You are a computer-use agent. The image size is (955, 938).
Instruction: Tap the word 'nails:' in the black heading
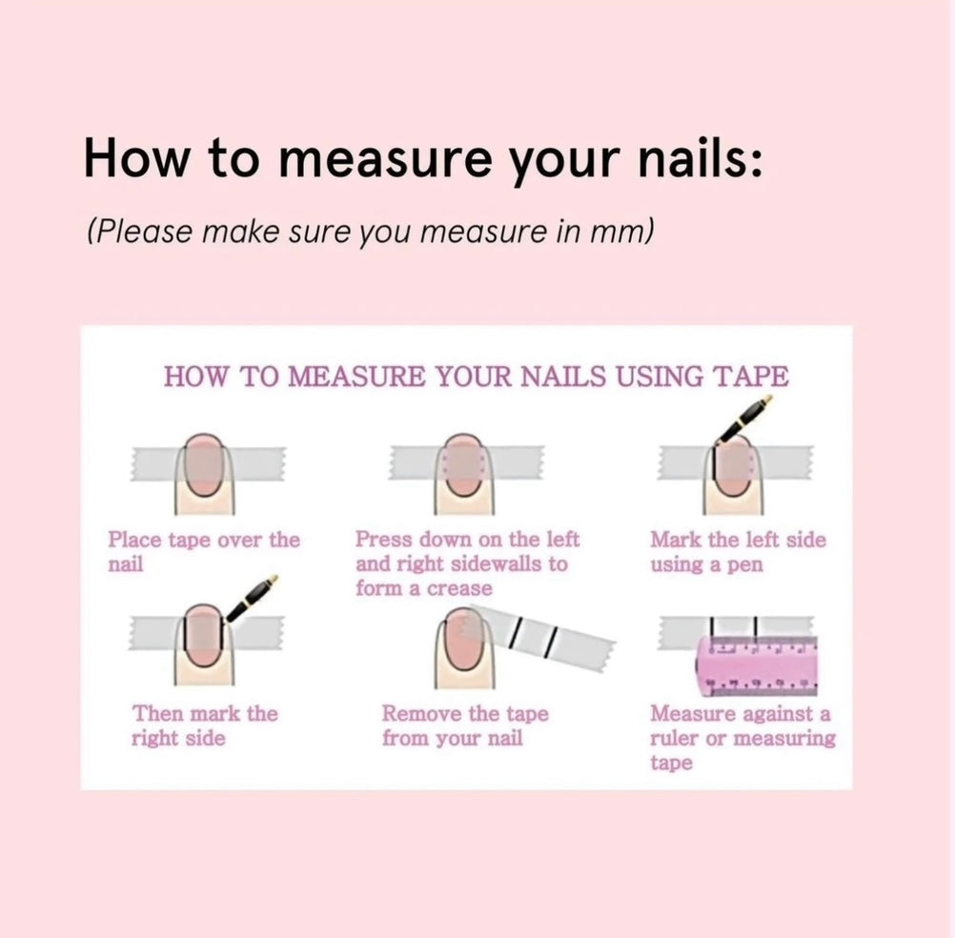tap(700, 157)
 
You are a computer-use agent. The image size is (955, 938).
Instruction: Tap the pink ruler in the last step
tap(756, 666)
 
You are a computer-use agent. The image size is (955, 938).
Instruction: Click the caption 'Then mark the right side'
tap(205, 725)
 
